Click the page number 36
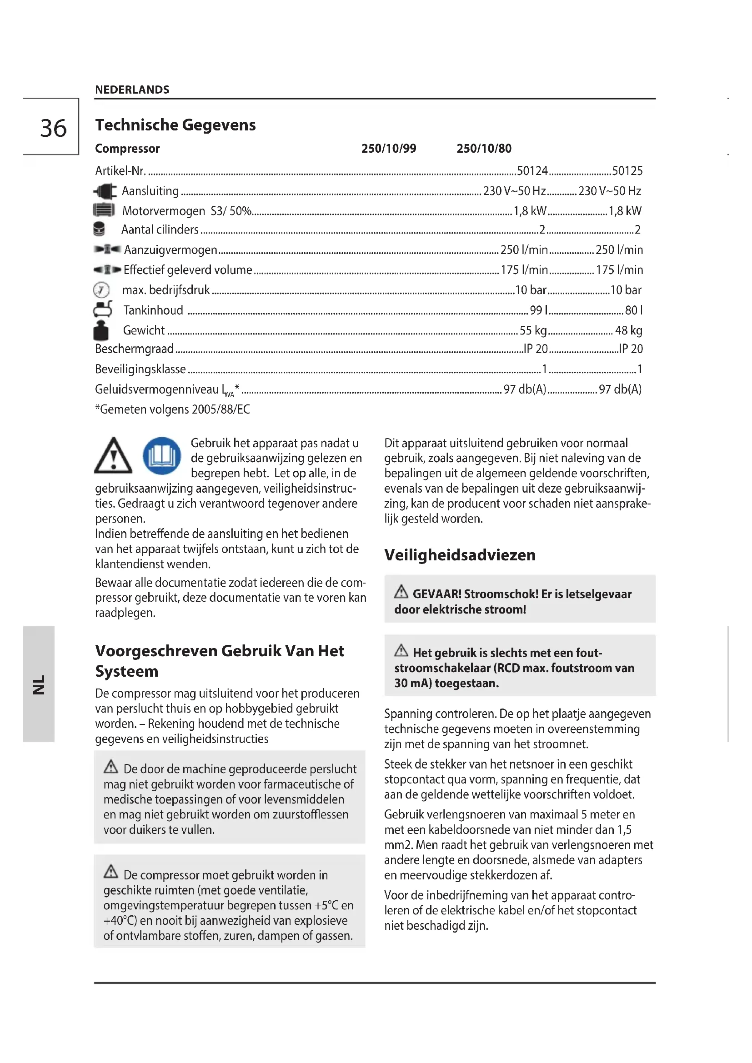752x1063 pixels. click(x=53, y=128)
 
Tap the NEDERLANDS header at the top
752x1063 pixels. click(x=132, y=90)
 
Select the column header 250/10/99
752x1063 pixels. click(x=388, y=149)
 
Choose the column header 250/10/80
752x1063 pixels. click(x=484, y=149)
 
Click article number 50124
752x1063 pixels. click(x=532, y=171)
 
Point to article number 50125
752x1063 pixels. click(x=627, y=171)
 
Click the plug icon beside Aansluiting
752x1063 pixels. click(x=105, y=191)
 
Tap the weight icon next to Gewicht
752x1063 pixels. click(x=101, y=330)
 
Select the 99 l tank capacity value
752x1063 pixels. click(x=538, y=310)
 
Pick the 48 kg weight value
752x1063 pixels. click(x=628, y=330)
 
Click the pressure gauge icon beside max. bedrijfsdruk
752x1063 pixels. click(x=101, y=290)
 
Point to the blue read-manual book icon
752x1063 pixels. click(x=161, y=455)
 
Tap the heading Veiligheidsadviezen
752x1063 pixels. click(x=459, y=555)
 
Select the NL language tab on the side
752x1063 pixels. click(x=39, y=684)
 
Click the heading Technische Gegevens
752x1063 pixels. click(x=175, y=125)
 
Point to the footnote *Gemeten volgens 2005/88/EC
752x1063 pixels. click(x=172, y=410)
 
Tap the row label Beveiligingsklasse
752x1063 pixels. click(x=140, y=369)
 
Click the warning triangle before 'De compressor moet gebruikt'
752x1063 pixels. click(x=110, y=871)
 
